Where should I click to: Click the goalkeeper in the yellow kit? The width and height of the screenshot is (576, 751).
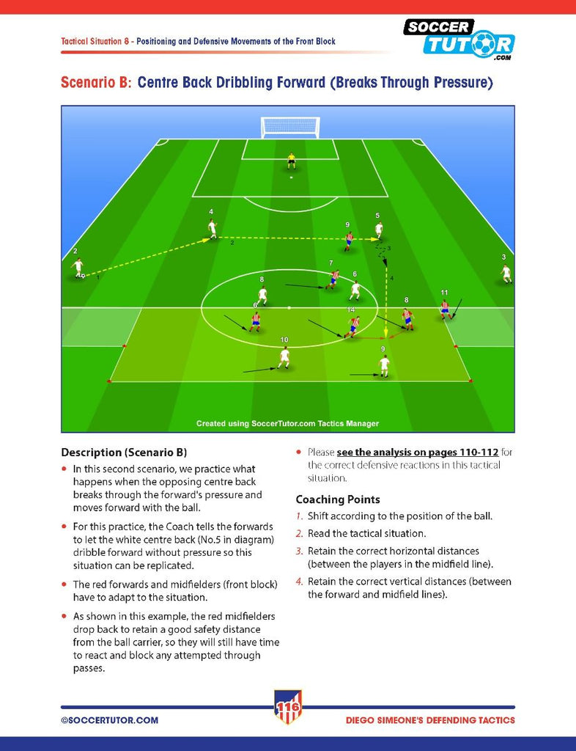pyautogui.click(x=291, y=161)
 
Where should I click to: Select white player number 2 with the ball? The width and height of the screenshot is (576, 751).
pyautogui.click(x=78, y=268)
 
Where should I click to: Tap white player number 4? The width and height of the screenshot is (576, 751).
pyautogui.click(x=213, y=229)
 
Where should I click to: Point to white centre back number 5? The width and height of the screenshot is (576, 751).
pyautogui.click(x=379, y=230)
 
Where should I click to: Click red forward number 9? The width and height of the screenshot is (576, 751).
pyautogui.click(x=349, y=241)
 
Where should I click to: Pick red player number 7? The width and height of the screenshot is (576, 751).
pyautogui.click(x=333, y=279)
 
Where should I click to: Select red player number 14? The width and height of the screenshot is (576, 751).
pyautogui.click(x=353, y=326)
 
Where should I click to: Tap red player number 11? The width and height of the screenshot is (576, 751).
pyautogui.click(x=445, y=309)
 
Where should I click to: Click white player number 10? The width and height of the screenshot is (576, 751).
pyautogui.click(x=284, y=358)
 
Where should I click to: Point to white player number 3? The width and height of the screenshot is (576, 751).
pyautogui.click(x=506, y=274)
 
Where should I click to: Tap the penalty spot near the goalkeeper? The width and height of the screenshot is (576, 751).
pyautogui.click(x=291, y=177)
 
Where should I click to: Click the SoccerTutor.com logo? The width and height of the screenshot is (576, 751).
pyautogui.click(x=459, y=40)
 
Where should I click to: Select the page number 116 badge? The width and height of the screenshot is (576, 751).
pyautogui.click(x=288, y=706)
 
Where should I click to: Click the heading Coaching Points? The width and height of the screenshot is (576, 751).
pyautogui.click(x=338, y=499)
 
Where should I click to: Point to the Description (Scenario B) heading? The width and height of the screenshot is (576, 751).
pyautogui.click(x=124, y=453)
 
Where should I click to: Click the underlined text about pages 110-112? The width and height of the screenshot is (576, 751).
pyautogui.click(x=418, y=452)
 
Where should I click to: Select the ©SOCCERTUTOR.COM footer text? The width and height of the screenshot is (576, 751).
pyautogui.click(x=109, y=720)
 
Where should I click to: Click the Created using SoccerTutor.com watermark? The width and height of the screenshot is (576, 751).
pyautogui.click(x=287, y=423)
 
